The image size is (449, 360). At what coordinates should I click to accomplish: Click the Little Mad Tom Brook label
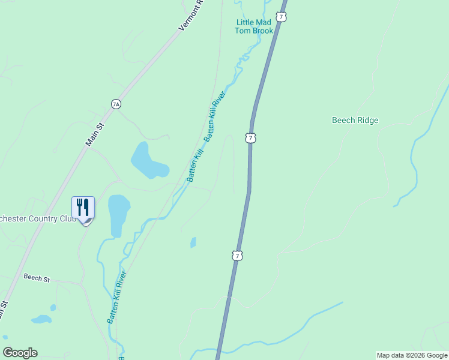click(x=254, y=26)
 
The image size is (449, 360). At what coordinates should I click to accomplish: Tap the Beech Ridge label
click(x=355, y=120)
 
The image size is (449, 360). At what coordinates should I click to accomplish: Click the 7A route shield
click(x=116, y=104)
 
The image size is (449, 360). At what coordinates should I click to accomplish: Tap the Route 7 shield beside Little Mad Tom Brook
click(x=281, y=17)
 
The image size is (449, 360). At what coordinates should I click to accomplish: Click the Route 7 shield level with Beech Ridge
click(x=250, y=138)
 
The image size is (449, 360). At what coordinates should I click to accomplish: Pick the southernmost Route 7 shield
click(x=238, y=256)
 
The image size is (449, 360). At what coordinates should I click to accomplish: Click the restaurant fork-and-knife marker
click(x=83, y=208)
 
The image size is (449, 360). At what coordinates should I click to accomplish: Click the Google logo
click(x=20, y=353)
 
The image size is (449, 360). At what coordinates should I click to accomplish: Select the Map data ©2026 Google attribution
click(x=412, y=356)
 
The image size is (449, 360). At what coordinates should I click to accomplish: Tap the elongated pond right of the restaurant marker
click(x=118, y=214)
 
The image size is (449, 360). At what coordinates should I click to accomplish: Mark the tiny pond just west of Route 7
click(x=193, y=242)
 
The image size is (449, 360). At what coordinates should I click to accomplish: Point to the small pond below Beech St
click(x=41, y=319)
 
